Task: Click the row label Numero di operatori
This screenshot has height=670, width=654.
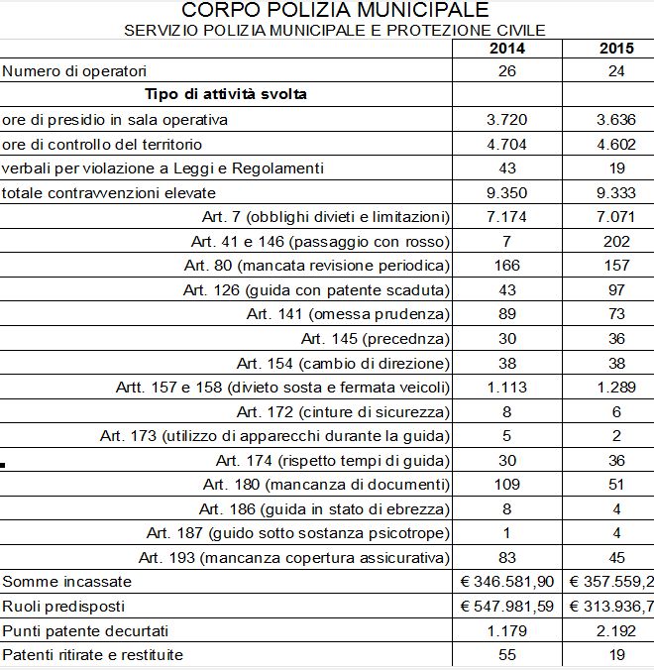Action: (x=74, y=71)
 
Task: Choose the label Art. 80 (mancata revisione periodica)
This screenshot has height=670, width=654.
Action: (x=317, y=266)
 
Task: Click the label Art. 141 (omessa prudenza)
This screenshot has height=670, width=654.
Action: (x=348, y=314)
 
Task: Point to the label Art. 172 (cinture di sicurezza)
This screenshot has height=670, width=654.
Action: (x=344, y=411)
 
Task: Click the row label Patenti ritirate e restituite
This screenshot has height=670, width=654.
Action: (x=93, y=655)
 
